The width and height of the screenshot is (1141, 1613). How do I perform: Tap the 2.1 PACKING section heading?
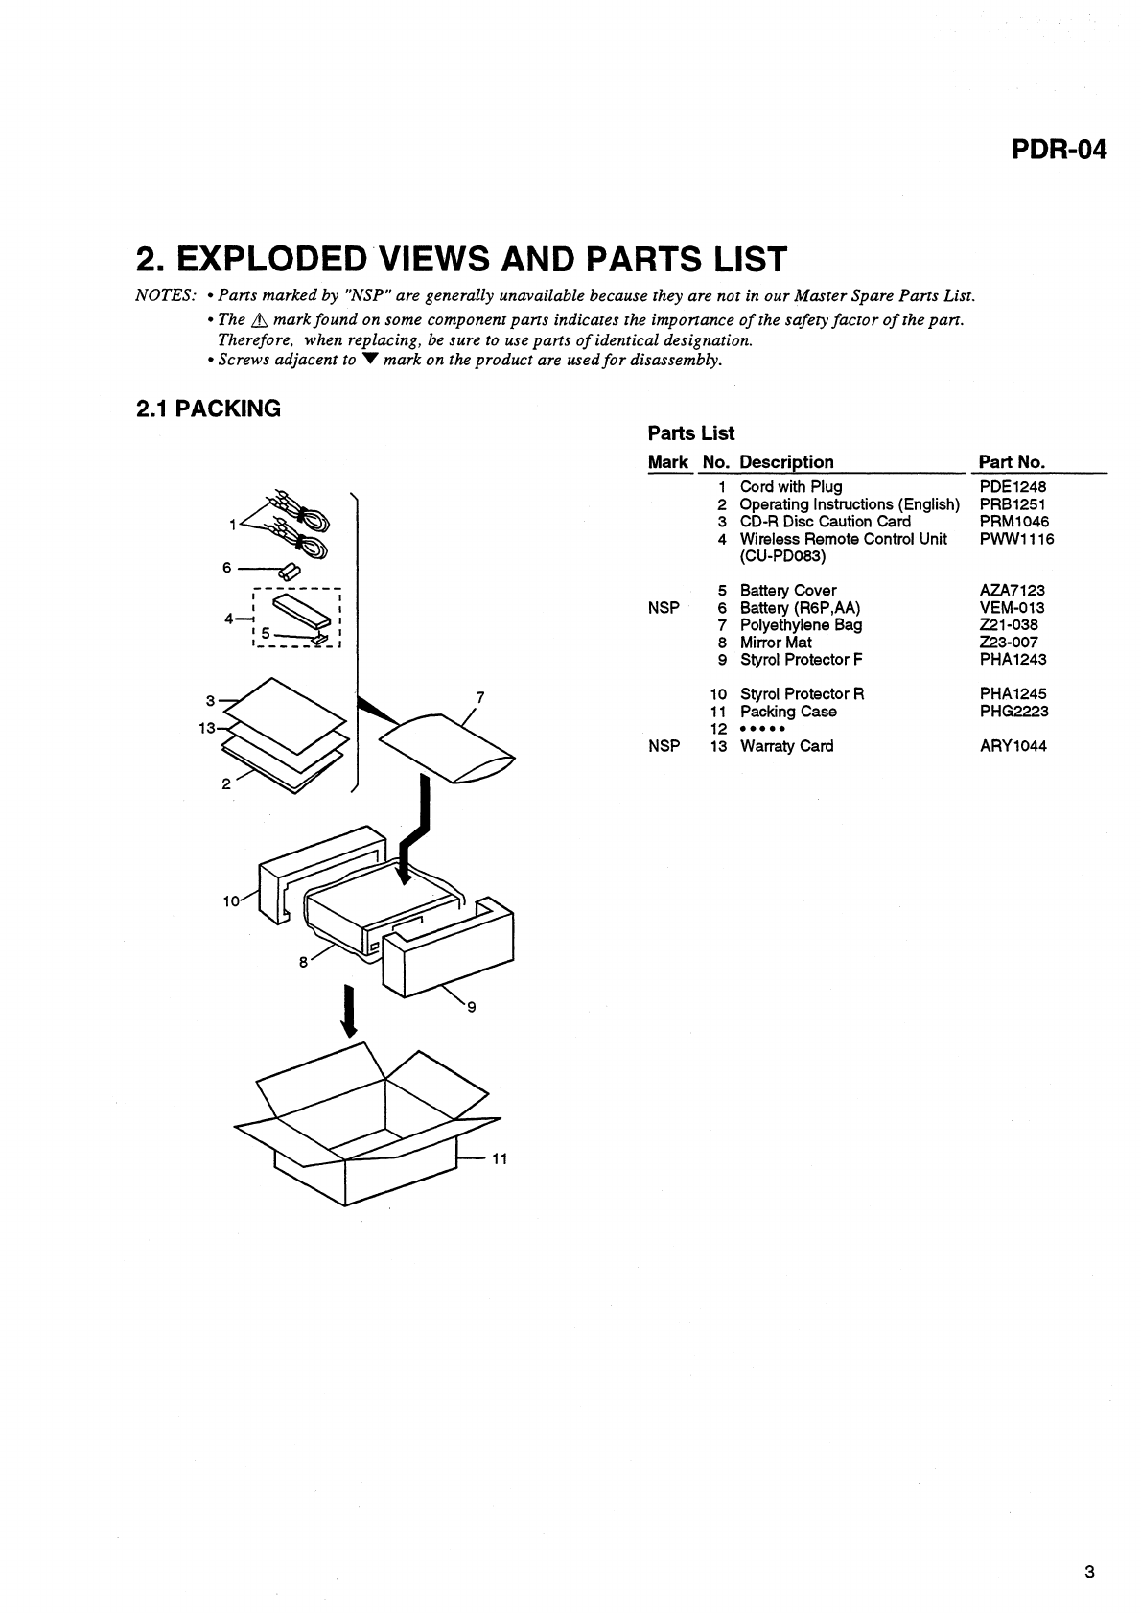[208, 409]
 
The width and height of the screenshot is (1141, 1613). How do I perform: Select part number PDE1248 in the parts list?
[1013, 487]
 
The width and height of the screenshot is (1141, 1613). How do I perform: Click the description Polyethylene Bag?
[801, 625]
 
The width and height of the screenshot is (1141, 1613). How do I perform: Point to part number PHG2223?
[1013, 712]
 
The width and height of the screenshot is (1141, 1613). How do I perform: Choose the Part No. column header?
[1012, 462]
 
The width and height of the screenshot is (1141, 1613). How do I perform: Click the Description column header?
[786, 462]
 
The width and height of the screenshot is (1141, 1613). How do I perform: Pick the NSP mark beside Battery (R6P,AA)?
[664, 608]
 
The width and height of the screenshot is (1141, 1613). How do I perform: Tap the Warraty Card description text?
[786, 746]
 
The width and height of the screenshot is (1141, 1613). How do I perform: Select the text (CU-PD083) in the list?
[782, 556]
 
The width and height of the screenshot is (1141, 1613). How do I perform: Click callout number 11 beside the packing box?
[499, 1159]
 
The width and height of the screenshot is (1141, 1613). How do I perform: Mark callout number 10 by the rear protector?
[231, 901]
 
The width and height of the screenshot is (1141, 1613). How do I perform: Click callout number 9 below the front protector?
[471, 1006]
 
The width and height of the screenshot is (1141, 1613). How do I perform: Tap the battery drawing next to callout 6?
[290, 571]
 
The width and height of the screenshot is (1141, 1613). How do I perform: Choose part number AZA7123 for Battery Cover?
[1013, 591]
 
